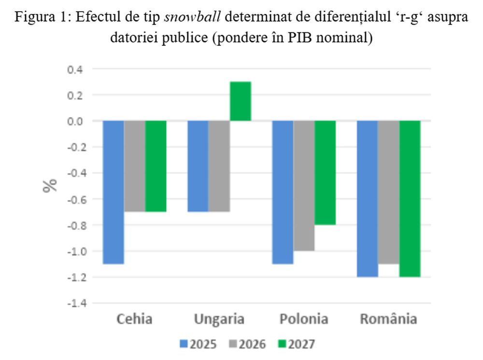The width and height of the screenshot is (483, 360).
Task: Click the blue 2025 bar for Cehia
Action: pos(114,192)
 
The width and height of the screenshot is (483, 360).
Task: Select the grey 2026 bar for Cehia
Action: pos(135,166)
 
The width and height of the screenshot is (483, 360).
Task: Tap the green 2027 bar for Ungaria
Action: pos(240,101)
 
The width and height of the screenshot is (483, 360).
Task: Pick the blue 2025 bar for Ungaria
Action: pos(198,166)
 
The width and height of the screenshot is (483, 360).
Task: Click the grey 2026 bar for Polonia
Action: pos(304,185)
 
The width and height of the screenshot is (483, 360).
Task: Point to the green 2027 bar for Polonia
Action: pos(325,173)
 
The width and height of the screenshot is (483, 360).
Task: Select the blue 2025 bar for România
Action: pos(367,198)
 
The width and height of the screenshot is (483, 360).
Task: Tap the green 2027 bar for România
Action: pos(410,198)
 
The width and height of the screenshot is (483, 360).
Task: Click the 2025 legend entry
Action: pos(198,345)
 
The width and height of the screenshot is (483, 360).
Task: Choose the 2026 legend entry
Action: pos(247,345)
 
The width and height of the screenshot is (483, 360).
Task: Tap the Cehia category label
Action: pos(134,319)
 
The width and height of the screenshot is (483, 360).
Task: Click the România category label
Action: pos(388,319)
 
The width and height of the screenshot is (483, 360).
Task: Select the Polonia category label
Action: pos(304,319)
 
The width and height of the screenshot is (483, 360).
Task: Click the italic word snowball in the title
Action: pos(193,18)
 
